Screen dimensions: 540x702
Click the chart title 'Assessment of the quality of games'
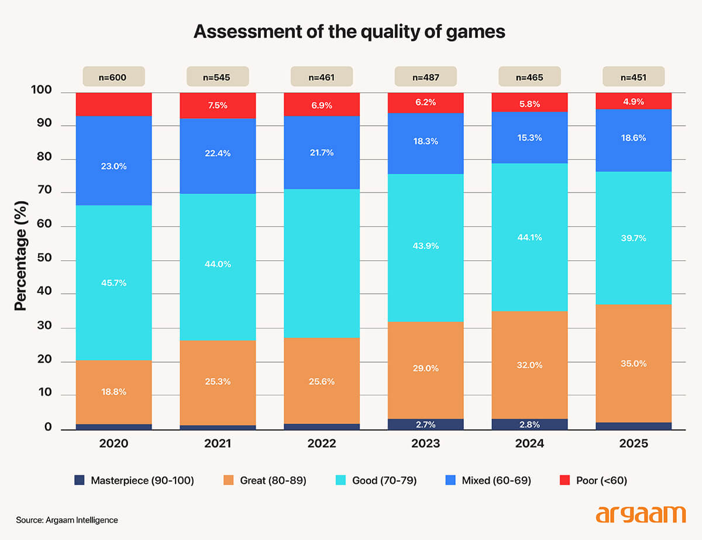349,32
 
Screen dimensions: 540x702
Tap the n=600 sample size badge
113,77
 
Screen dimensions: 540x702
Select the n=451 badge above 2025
634,77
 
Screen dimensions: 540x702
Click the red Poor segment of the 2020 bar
113,104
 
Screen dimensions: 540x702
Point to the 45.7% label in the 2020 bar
113,283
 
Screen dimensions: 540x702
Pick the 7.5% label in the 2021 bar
218,106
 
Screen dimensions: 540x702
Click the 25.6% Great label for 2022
322,381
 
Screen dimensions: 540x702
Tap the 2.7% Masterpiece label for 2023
426,424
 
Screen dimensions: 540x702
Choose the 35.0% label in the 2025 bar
634,363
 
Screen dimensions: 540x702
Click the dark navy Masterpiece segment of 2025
634,426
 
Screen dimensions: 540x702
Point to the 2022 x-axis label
322,444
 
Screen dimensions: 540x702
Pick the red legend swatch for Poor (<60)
565,481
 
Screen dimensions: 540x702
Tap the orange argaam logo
640,515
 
